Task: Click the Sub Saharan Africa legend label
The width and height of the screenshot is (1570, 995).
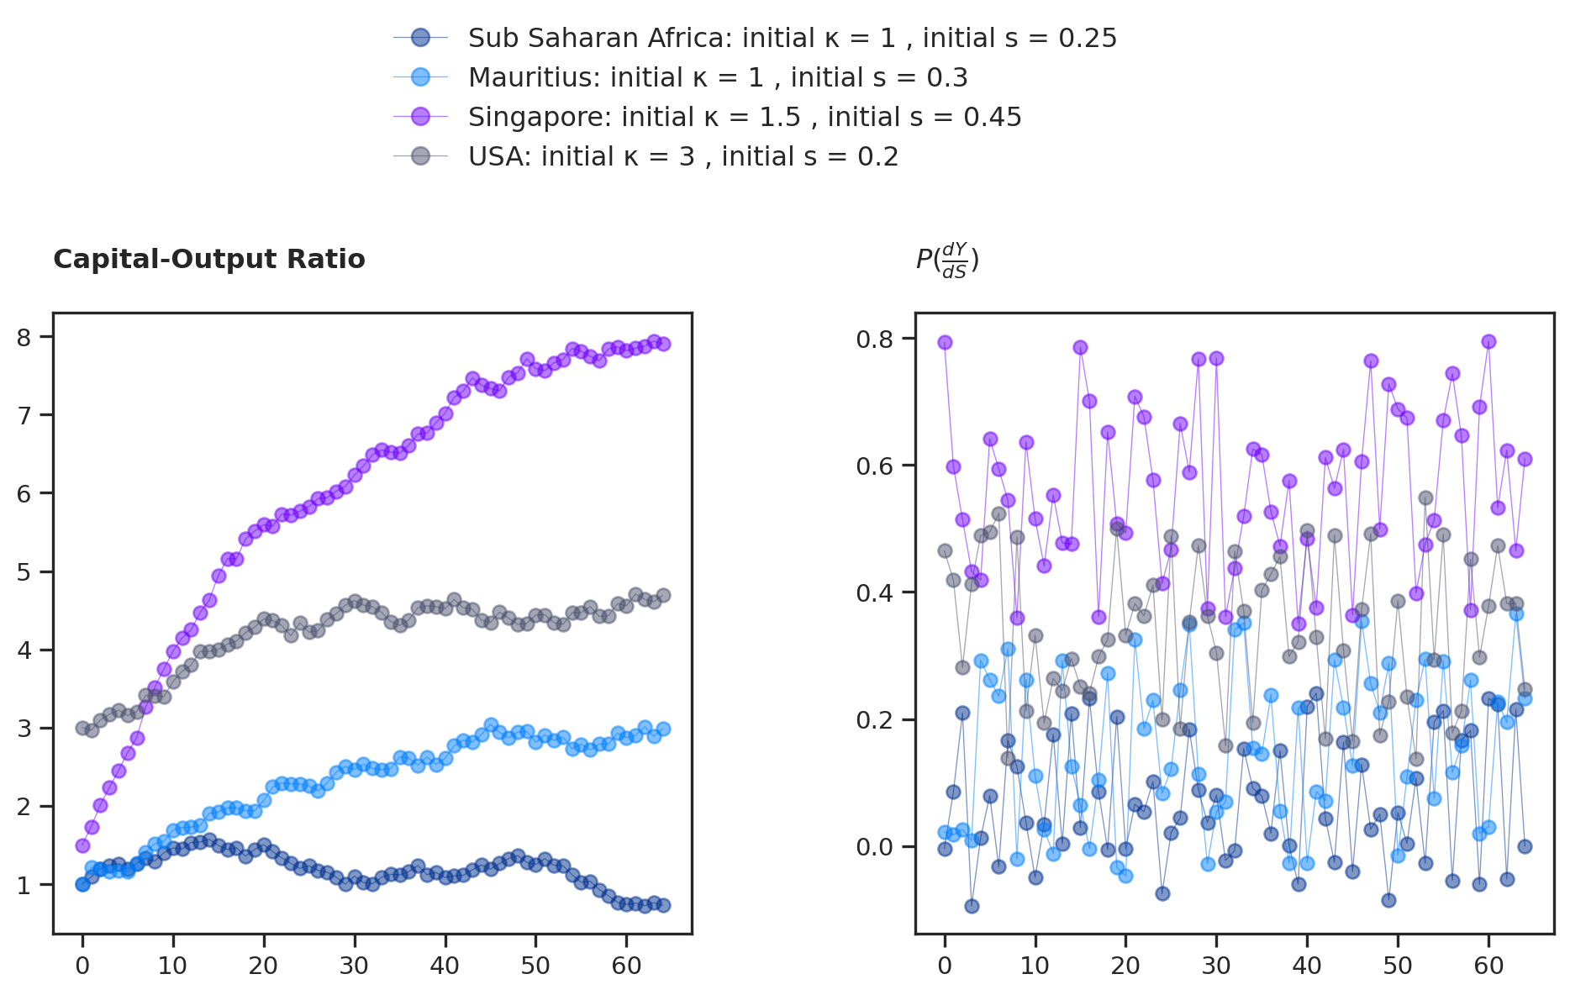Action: click(792, 38)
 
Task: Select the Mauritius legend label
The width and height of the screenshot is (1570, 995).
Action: click(718, 77)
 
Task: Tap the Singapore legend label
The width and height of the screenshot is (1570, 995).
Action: click(745, 117)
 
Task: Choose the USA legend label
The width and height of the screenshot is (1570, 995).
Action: click(683, 156)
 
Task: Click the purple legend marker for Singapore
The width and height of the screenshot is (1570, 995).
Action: click(420, 117)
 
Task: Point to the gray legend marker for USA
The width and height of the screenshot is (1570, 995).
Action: click(420, 156)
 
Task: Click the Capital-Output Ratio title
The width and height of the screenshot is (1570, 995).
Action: click(209, 260)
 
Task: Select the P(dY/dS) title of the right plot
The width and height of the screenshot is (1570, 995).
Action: click(947, 260)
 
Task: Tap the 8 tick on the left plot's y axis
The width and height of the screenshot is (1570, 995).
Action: click(24, 338)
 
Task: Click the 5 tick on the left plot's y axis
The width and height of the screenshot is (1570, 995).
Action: click(24, 572)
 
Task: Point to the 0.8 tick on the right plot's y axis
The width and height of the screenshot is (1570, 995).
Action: click(873, 340)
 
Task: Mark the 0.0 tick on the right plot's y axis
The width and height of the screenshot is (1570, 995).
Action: click(873, 847)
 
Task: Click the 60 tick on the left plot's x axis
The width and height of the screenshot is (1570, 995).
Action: click(626, 966)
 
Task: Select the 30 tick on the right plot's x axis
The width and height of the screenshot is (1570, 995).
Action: click(1216, 966)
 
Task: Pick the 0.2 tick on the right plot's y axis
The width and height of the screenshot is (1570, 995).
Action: click(873, 720)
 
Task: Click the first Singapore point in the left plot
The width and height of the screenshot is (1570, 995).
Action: click(82, 845)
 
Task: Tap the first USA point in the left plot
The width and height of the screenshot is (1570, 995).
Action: click(82, 728)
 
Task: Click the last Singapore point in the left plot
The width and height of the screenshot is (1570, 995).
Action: click(663, 344)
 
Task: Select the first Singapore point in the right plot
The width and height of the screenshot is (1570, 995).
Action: click(945, 342)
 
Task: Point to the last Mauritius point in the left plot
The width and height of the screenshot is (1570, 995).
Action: click(663, 729)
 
